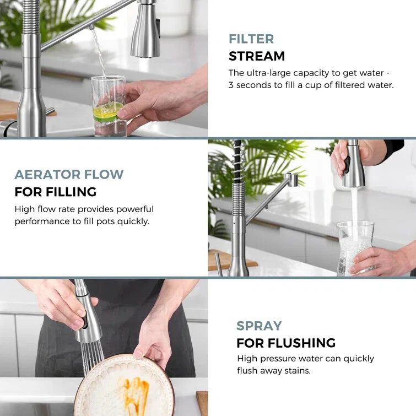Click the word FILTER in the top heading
[x=251, y=39]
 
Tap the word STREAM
[x=257, y=56]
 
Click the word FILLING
[x=71, y=192]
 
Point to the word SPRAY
[x=259, y=326]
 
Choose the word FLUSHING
[x=301, y=343]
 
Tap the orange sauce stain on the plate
[x=136, y=393]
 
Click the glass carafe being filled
[x=355, y=248]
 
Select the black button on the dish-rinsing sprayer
[x=85, y=322]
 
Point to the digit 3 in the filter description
[x=231, y=85]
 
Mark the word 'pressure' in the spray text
[x=278, y=359]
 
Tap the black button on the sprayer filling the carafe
[x=347, y=165]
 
